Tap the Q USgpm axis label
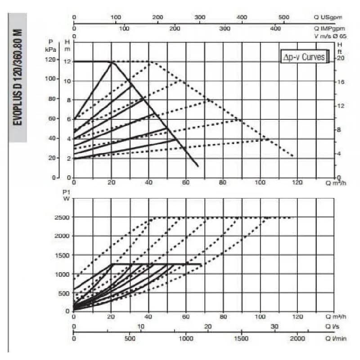coord(328,17)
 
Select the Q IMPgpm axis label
coord(327,28)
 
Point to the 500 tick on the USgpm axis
coord(284,17)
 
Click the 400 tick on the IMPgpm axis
coord(275,28)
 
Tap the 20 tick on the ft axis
coord(341,58)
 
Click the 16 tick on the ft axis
coord(341,82)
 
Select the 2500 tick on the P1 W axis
coord(62,217)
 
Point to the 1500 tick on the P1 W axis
coord(62,255)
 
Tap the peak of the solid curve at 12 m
coord(112,62)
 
